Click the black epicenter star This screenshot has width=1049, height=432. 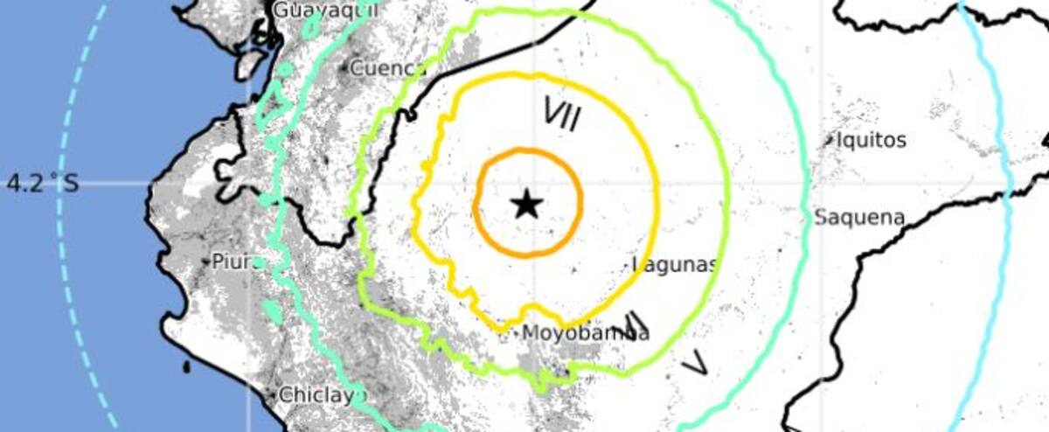(x=526, y=206)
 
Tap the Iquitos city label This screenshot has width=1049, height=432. (x=871, y=140)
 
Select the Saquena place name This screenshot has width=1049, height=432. (x=859, y=218)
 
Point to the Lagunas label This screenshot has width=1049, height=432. (x=677, y=264)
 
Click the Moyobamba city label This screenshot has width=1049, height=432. (x=586, y=333)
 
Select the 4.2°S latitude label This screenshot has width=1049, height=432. (x=42, y=184)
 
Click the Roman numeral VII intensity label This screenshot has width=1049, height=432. (x=563, y=114)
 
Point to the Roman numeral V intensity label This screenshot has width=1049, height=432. (x=696, y=361)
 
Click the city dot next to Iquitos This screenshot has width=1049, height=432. (x=830, y=138)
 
